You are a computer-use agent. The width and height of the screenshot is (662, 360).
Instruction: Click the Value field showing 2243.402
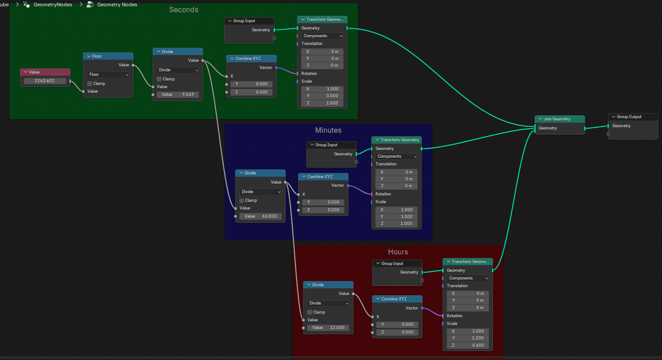pyautogui.click(x=45, y=81)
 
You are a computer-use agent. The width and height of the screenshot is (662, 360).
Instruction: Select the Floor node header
pyautogui.click(x=108, y=56)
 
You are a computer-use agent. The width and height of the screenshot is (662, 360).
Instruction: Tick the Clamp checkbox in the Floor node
pyautogui.click(x=90, y=84)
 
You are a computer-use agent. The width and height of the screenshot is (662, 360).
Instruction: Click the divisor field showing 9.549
pyautogui.click(x=178, y=95)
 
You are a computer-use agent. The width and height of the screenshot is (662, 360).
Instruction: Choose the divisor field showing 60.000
pyautogui.click(x=261, y=216)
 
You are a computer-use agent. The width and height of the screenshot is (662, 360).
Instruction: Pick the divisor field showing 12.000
pyautogui.click(x=328, y=328)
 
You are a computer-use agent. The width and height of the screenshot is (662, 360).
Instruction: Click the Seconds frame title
pyautogui.click(x=184, y=10)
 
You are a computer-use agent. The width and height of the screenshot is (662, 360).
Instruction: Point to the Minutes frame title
pyautogui.click(x=328, y=130)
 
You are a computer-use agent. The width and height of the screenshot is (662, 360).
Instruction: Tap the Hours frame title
pyautogui.click(x=398, y=252)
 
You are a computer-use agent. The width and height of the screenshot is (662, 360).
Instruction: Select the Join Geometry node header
pyautogui.click(x=560, y=119)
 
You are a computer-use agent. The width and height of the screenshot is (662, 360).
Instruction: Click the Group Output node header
pyautogui.click(x=633, y=117)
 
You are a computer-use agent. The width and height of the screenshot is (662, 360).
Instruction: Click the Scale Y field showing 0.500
pyautogui.click(x=322, y=96)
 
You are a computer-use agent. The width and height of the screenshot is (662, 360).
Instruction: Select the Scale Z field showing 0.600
pyautogui.click(x=467, y=345)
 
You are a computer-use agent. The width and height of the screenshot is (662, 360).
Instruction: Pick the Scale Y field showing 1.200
pyautogui.click(x=467, y=338)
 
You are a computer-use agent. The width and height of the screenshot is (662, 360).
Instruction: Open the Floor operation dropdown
pyautogui.click(x=109, y=75)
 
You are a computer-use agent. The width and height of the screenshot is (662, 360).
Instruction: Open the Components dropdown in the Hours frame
pyautogui.click(x=467, y=278)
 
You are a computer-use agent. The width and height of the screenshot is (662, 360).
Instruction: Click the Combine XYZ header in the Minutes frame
pyautogui.click(x=323, y=177)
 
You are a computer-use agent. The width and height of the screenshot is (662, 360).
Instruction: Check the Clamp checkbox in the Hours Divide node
pyautogui.click(x=310, y=312)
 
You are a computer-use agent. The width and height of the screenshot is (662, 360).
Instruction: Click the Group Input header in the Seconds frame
pyautogui.click(x=249, y=21)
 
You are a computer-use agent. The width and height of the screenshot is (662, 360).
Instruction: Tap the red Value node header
pyautogui.click(x=45, y=72)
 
